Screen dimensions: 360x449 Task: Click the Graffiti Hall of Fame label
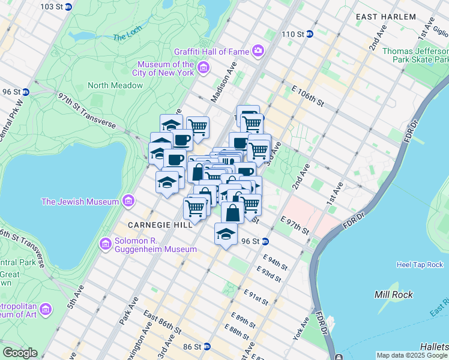coord(211,51)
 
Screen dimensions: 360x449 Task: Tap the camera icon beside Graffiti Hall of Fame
coord(258,50)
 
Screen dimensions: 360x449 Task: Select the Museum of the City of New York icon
coord(203,69)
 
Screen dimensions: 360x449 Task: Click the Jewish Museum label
coord(80,202)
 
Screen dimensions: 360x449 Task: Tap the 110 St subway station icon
coord(309,34)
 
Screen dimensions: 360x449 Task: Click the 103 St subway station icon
coord(68,7)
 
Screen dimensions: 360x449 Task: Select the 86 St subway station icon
coord(207,347)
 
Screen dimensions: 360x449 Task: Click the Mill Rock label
coord(391,295)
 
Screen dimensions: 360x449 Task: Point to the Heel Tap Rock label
coord(420,265)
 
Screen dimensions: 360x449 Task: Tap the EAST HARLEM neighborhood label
coord(394,17)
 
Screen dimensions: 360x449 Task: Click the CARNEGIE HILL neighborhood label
coord(160,224)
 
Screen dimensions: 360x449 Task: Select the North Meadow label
coord(115,85)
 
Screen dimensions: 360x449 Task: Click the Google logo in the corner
coord(20,353)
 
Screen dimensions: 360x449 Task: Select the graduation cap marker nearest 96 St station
coord(226,234)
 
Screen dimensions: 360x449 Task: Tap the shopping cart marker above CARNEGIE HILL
coord(195,209)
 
